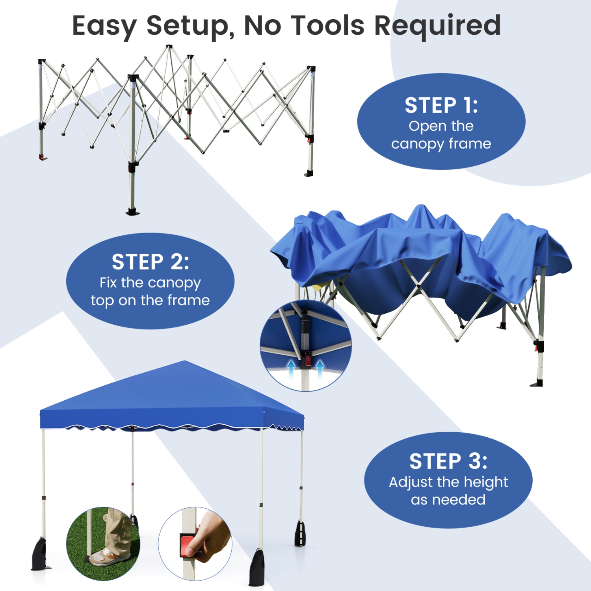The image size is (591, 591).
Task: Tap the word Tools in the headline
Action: coord(329,26)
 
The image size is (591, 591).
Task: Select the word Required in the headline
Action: coord(437,26)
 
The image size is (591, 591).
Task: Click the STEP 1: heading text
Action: coord(441,106)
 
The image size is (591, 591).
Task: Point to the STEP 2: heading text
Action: coord(150,262)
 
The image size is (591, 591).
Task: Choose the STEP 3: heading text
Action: coord(448,461)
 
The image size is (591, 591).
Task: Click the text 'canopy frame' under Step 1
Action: coord(441,144)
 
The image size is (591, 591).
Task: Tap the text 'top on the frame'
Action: coord(150,300)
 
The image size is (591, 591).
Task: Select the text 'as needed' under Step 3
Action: coord(448,500)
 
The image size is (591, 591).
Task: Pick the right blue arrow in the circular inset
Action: coord(320,368)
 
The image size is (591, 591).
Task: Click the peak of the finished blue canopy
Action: coord(184,362)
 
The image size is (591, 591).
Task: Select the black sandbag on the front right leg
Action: coord(257,567)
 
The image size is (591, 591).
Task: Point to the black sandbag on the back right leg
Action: coord(300,534)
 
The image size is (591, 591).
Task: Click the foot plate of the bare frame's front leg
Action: coord(133,213)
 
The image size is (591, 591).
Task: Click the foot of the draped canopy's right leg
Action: coord(537,383)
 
